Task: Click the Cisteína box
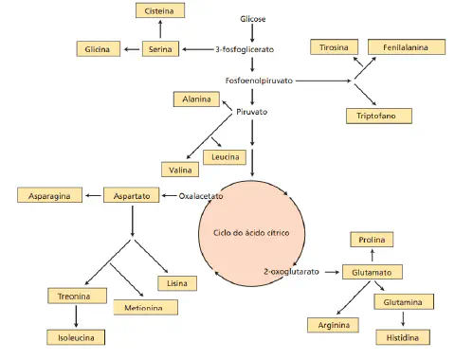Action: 158,10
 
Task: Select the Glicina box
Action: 98,48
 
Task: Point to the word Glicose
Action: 253,18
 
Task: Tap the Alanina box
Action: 198,99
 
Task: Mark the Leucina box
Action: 226,156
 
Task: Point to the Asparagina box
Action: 46,195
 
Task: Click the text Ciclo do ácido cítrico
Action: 251,232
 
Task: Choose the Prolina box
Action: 372,241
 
